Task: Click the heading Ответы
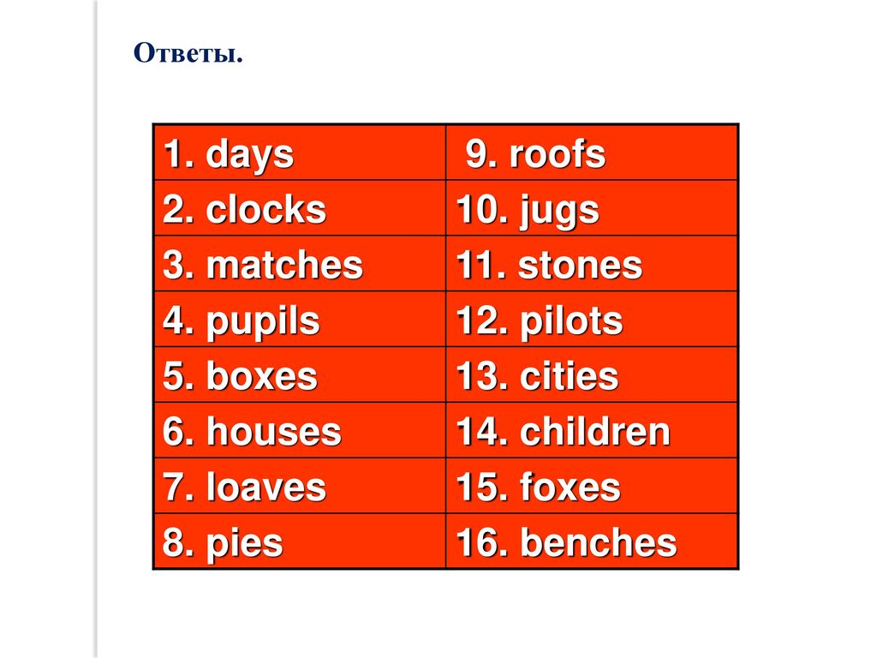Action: (188, 53)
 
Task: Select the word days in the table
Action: (249, 155)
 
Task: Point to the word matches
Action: (284, 265)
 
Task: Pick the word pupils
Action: (263, 323)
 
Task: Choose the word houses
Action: (273, 431)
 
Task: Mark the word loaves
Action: (266, 487)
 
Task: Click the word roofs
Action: (557, 154)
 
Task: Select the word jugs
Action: (559, 212)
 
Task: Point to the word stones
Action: (581, 265)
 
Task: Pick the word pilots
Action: (571, 323)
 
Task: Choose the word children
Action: (594, 431)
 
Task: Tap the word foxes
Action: (570, 487)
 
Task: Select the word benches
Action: (599, 541)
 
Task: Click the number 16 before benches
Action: (476, 542)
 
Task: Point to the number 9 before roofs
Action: (477, 154)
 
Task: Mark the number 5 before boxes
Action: (174, 376)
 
